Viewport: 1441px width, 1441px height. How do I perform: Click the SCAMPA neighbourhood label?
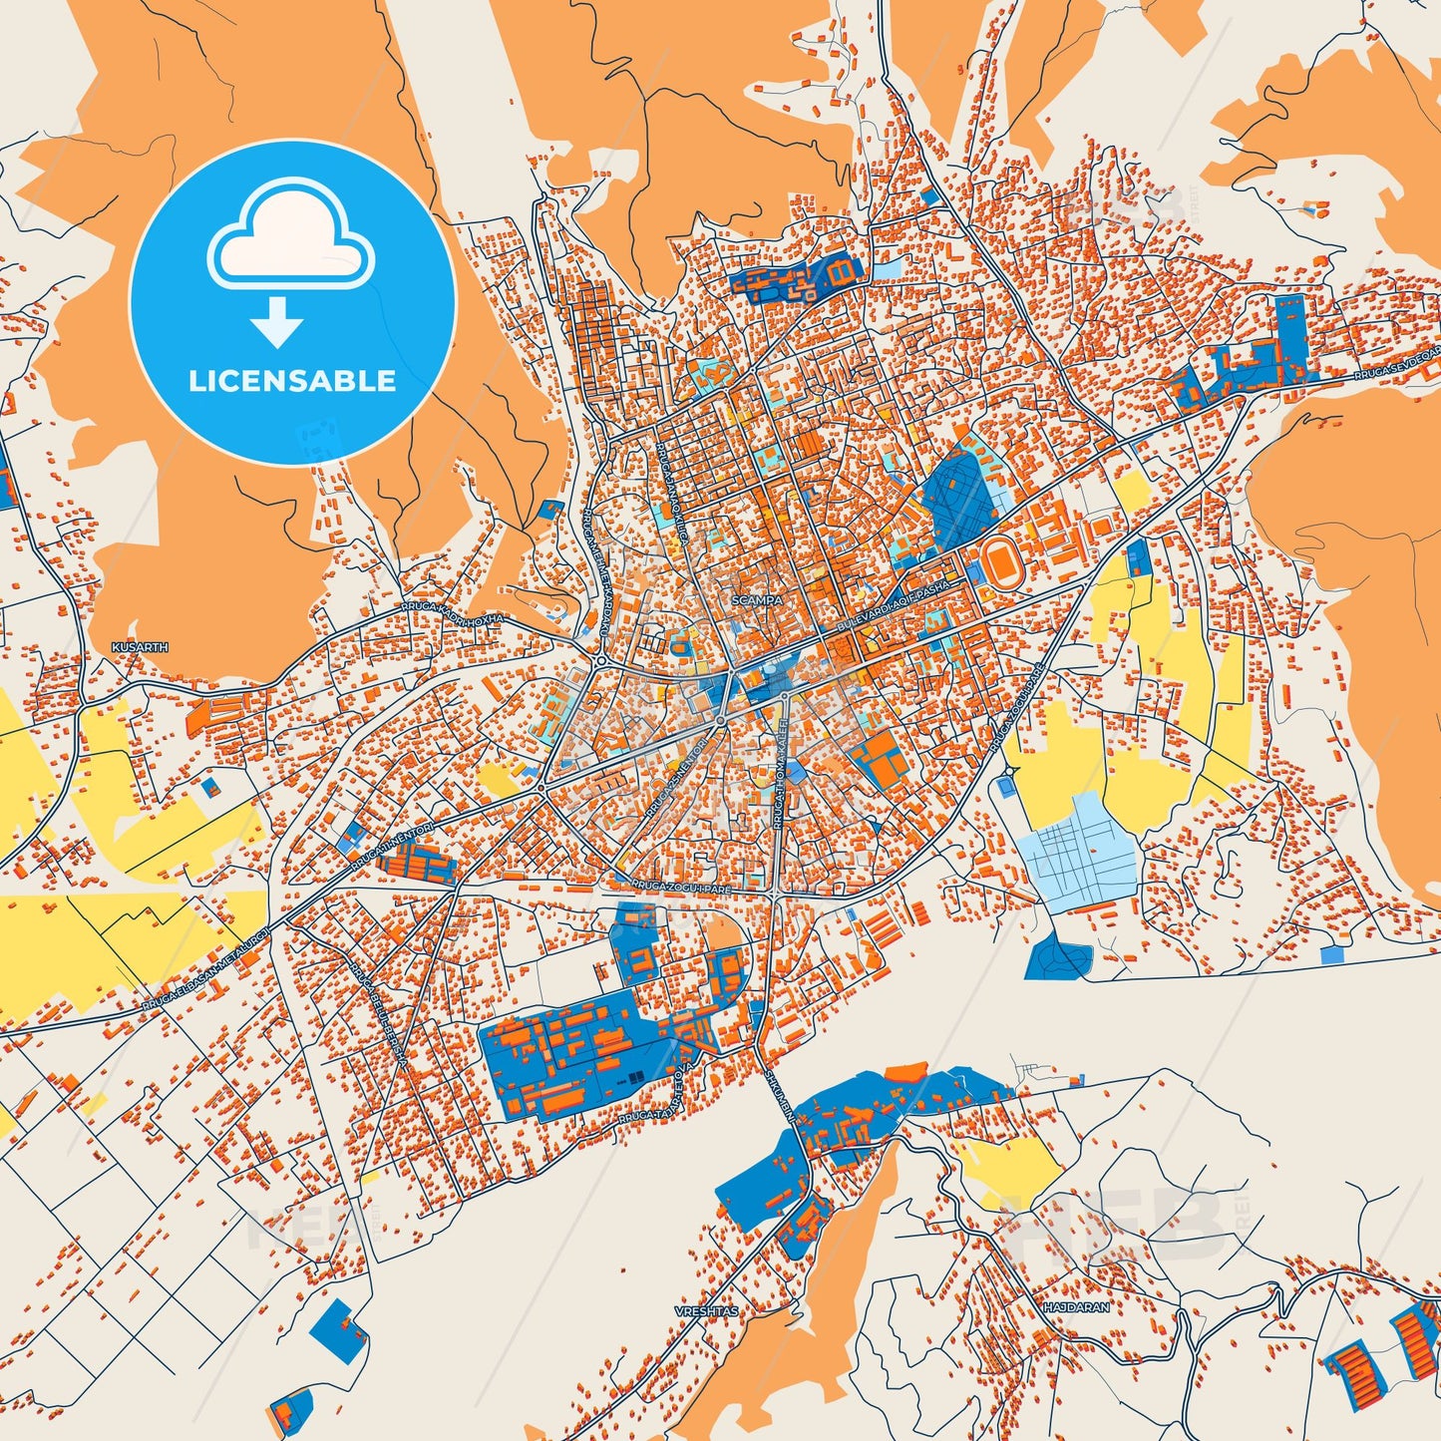(757, 601)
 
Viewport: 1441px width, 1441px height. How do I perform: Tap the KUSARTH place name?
(141, 647)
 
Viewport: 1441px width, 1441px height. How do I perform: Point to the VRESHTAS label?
(706, 1311)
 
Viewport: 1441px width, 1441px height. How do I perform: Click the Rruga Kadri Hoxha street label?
(453, 611)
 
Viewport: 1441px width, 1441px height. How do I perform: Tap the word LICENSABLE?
(292, 381)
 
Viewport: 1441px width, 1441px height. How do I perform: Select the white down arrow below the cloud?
(277, 322)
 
